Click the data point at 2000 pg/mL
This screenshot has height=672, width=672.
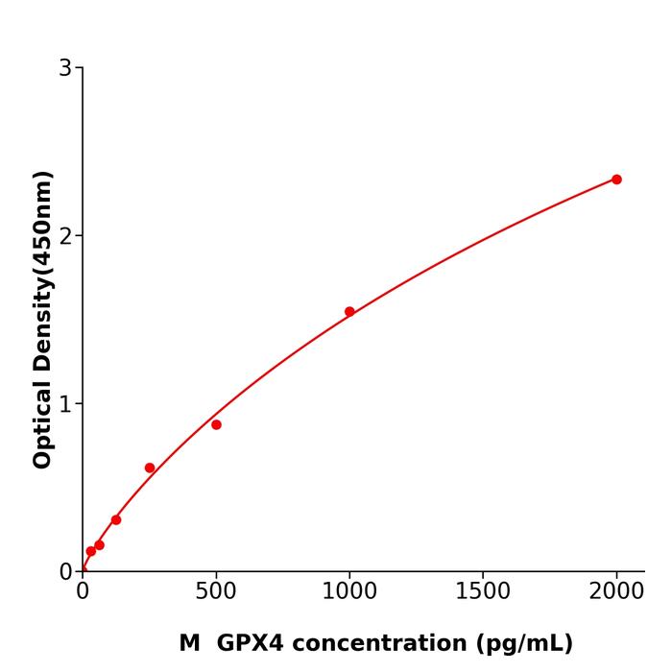pyautogui.click(x=616, y=180)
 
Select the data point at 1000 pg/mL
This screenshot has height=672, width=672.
pyautogui.click(x=349, y=312)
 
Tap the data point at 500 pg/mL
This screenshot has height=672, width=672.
pyautogui.click(x=216, y=424)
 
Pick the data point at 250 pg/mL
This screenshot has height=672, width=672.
pyautogui.click(x=150, y=468)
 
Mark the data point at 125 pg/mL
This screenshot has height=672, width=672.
pyautogui.click(x=116, y=520)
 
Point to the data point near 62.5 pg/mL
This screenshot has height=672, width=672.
pyautogui.click(x=99, y=545)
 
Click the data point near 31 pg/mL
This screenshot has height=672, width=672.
pyautogui.click(x=91, y=552)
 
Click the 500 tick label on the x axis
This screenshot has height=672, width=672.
pyautogui.click(x=216, y=592)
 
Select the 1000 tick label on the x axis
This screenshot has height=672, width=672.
pyautogui.click(x=349, y=592)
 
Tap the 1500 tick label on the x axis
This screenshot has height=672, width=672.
pyautogui.click(x=483, y=592)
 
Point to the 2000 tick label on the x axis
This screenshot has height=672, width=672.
pyautogui.click(x=616, y=592)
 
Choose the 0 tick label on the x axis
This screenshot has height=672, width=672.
pyautogui.click(x=83, y=592)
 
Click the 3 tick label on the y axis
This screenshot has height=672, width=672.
pyautogui.click(x=65, y=68)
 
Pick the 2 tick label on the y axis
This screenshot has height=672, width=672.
pyautogui.click(x=65, y=236)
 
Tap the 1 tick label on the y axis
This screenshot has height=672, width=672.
pyautogui.click(x=65, y=404)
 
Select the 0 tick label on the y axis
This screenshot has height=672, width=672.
pyautogui.click(x=65, y=572)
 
